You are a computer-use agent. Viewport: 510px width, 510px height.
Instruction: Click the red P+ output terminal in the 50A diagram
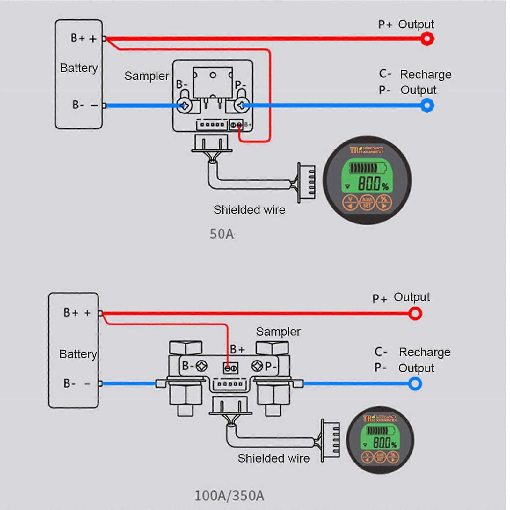pos(427,39)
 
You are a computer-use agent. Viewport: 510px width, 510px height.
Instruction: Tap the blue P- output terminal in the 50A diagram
pos(427,106)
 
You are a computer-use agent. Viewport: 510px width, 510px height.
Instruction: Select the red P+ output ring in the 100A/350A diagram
pos(415,314)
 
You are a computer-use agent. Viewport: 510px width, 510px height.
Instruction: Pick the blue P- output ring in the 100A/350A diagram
pos(415,383)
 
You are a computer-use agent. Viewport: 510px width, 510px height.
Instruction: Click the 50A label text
pos(222,234)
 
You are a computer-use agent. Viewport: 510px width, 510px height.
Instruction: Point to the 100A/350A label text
pos(229,496)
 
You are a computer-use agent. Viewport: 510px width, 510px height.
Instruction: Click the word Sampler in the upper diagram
pos(147,76)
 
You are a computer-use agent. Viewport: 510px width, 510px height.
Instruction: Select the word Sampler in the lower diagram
pos(278,331)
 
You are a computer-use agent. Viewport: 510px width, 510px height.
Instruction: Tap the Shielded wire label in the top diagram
pos(249,210)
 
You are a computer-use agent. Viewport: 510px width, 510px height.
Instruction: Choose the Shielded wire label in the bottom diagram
pos(273,458)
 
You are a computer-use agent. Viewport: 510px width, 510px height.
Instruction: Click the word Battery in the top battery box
pos(79,68)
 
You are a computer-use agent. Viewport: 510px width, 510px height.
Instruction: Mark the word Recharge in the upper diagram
pos(426,74)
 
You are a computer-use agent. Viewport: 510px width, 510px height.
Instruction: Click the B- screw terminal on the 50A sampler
pos(184,106)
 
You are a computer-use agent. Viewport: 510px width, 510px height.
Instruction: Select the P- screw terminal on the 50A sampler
pos(241,106)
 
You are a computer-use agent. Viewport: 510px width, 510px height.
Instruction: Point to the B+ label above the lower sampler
pos(237,349)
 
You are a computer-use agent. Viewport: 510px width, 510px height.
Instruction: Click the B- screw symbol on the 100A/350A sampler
pos(201,366)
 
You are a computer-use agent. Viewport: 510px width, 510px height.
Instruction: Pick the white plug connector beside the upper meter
pos(307,183)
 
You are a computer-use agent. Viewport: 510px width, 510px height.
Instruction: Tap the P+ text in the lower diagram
pos(379,299)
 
